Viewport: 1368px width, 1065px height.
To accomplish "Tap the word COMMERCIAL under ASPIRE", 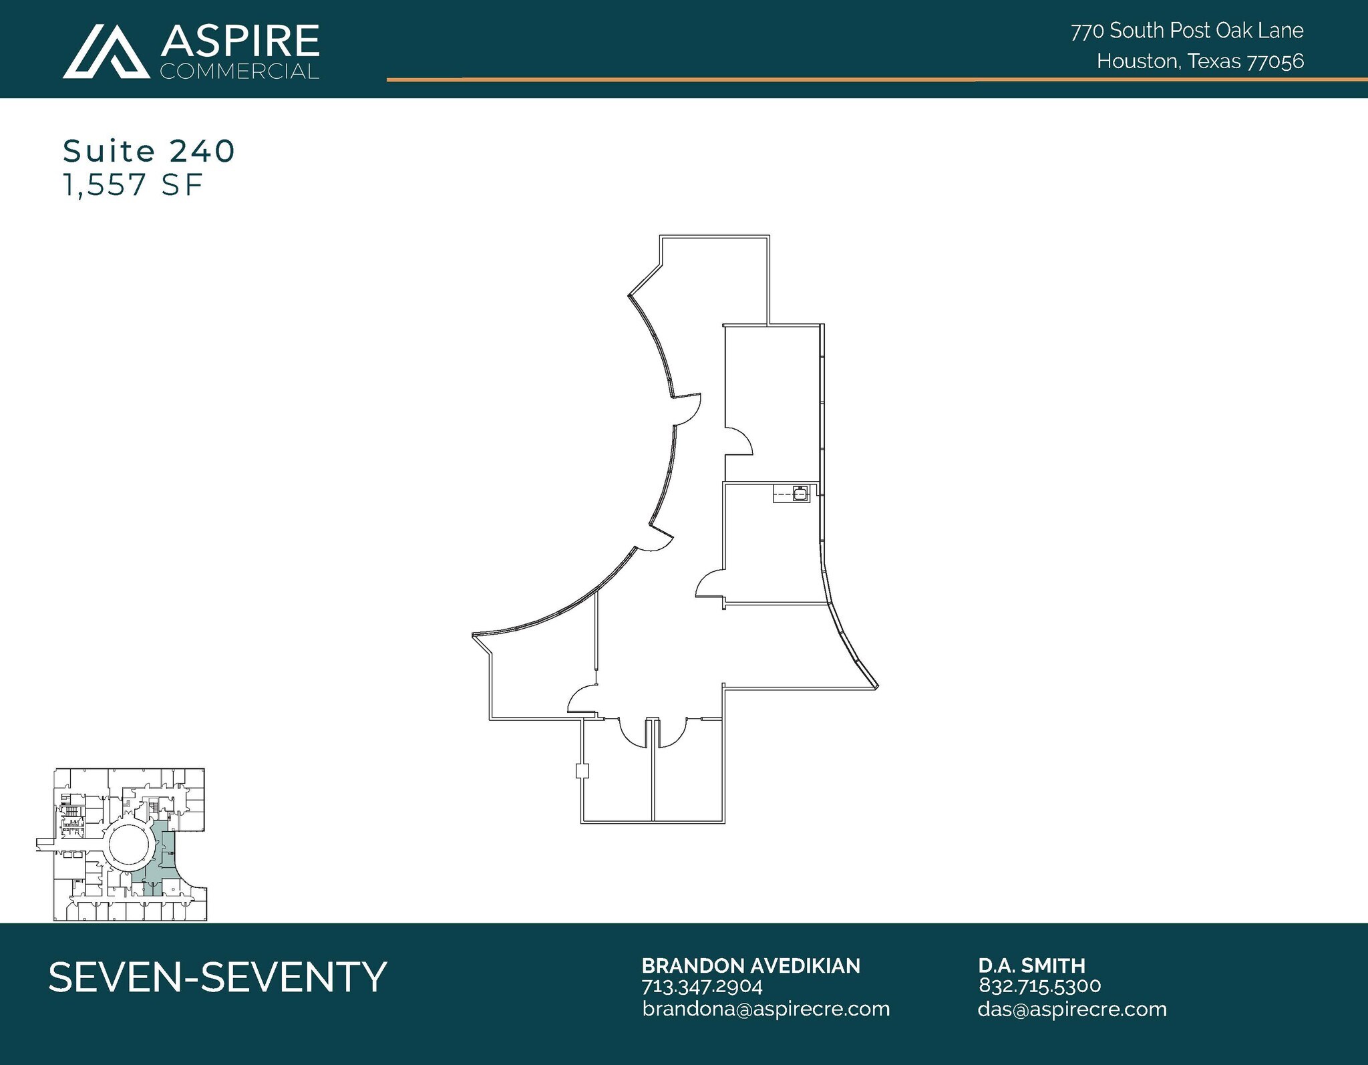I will point(240,71).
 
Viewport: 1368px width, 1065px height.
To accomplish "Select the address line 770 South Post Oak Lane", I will point(1187,31).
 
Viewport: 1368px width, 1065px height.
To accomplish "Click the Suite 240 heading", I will point(149,151).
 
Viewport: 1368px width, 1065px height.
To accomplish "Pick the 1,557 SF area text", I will point(132,184).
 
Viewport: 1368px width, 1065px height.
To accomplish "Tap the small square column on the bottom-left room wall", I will point(582,772).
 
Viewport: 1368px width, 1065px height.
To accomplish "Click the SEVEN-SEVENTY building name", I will point(218,977).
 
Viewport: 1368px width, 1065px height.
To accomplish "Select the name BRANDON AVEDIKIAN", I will point(751,965).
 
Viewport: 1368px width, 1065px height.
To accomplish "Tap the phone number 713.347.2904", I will point(702,986).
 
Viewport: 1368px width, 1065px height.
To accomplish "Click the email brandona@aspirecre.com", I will point(766,1009).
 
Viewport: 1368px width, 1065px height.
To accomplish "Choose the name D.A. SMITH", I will point(1032,965).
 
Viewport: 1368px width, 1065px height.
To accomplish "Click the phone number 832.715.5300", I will point(1040,986).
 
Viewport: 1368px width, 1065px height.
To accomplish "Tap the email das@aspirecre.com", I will point(1072,1009).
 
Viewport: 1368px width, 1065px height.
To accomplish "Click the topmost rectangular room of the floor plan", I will point(715,281).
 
